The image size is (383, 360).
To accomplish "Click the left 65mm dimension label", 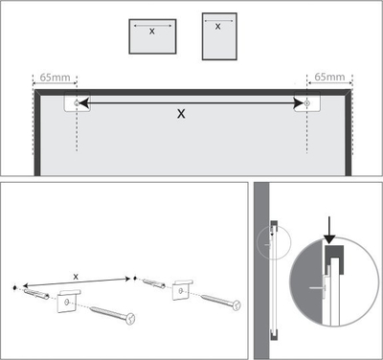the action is pyautogui.click(x=55, y=78).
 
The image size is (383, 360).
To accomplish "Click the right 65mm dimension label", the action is pyautogui.click(x=329, y=77).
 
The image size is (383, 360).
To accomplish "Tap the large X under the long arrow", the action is pyautogui.click(x=181, y=114).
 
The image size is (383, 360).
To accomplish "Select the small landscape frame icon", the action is pyautogui.click(x=152, y=36).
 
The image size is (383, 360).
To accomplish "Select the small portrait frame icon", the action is pyautogui.click(x=219, y=36).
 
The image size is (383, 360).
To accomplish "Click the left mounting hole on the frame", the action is pyautogui.click(x=77, y=102).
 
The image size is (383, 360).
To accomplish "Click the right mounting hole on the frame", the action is pyautogui.click(x=307, y=102).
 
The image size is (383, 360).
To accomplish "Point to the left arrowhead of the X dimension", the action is pyautogui.click(x=83, y=102).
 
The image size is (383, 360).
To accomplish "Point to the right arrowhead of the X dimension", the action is pyautogui.click(x=299, y=102).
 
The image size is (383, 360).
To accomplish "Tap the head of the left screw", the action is pyautogui.click(x=130, y=319).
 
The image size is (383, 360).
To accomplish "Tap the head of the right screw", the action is pyautogui.click(x=237, y=305).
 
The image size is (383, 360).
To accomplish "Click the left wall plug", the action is pyautogui.click(x=36, y=294).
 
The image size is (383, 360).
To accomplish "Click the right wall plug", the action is pyautogui.click(x=154, y=283).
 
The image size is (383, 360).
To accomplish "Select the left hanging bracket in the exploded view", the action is pyautogui.click(x=68, y=301).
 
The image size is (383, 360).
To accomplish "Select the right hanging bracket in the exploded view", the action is pyautogui.click(x=183, y=289).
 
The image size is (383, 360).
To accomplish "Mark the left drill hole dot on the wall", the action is pyautogui.click(x=14, y=288).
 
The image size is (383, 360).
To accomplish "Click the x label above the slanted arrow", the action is pyautogui.click(x=76, y=277).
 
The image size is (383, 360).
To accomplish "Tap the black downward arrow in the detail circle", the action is pyautogui.click(x=329, y=231).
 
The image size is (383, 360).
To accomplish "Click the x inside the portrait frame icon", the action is pyautogui.click(x=217, y=27).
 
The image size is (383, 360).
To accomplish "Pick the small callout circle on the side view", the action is pyautogui.click(x=274, y=242).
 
